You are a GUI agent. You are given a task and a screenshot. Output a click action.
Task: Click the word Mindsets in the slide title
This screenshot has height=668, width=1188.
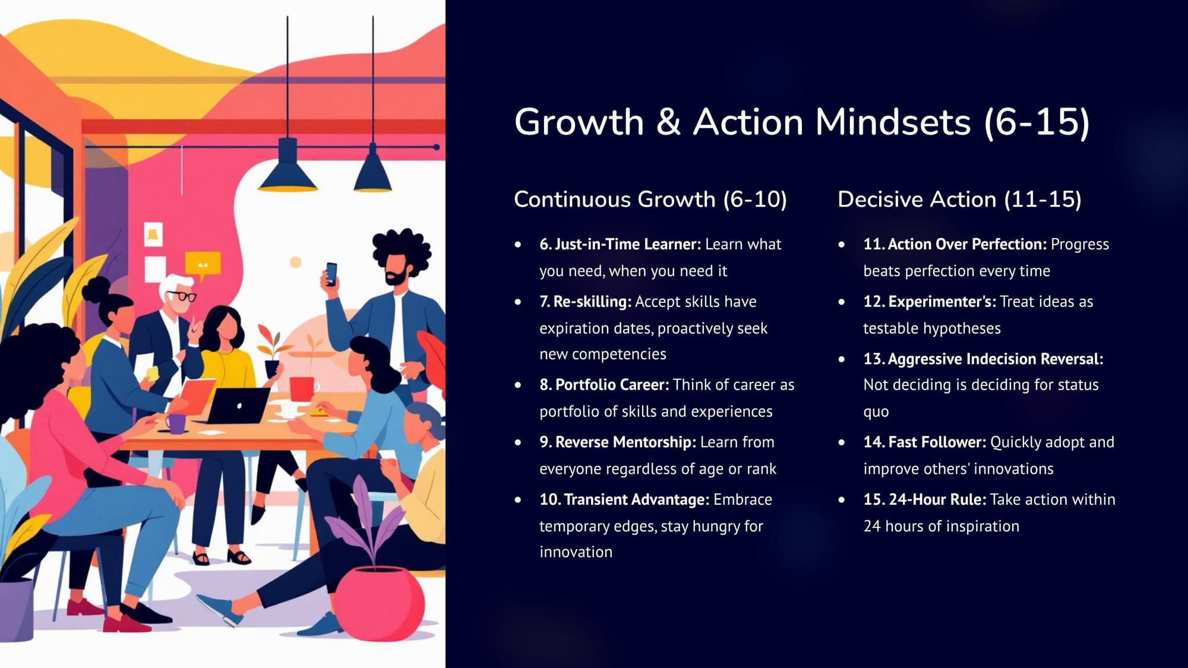[893, 122]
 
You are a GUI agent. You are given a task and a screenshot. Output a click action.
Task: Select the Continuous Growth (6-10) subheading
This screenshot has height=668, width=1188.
[650, 200]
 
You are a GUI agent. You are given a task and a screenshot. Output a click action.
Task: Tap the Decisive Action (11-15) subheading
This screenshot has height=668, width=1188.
[959, 200]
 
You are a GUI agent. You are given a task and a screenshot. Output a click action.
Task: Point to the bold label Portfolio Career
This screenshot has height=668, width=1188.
[612, 385]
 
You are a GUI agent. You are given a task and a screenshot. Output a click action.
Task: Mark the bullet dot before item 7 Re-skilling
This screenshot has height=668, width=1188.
[518, 302]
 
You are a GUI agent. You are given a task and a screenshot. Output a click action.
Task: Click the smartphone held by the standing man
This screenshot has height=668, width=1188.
[331, 274]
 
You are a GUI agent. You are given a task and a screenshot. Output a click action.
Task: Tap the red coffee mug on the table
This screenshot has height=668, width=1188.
[302, 389]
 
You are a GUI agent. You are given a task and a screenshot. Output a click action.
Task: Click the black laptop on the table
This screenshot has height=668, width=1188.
[238, 406]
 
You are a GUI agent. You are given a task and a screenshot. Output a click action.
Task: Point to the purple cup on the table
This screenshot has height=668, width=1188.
[176, 423]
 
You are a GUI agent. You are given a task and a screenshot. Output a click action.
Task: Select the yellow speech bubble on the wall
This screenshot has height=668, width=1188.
[203, 265]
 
